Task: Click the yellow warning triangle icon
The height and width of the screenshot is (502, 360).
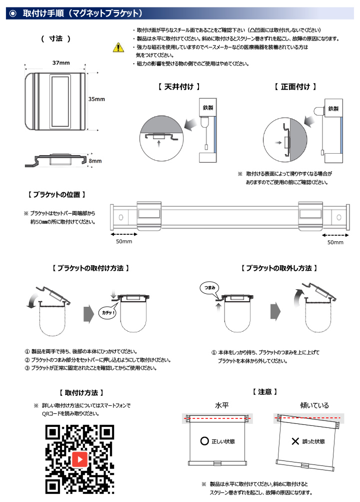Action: [117, 48]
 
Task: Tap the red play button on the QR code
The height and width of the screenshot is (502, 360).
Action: [80, 458]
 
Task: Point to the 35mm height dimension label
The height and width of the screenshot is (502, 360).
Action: [96, 99]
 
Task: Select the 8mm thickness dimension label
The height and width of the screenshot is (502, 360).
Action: [95, 161]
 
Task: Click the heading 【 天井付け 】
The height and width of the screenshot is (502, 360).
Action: [178, 87]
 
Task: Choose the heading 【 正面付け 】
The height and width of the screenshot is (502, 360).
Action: [295, 87]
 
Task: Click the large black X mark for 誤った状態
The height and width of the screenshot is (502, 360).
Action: [295, 441]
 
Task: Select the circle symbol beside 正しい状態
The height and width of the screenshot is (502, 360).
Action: [204, 441]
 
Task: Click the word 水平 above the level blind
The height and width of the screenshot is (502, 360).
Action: [222, 405]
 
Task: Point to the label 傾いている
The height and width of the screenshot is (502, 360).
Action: [314, 405]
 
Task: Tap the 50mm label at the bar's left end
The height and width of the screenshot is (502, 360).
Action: [124, 242]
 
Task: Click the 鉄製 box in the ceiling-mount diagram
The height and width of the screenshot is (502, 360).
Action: [208, 108]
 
